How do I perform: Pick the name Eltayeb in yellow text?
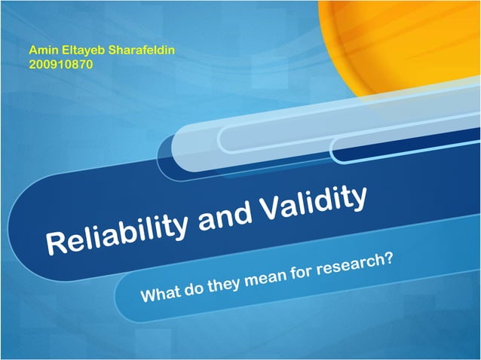tap(84, 50)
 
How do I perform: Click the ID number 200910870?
tap(60, 63)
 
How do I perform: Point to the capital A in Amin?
tap(32, 50)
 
